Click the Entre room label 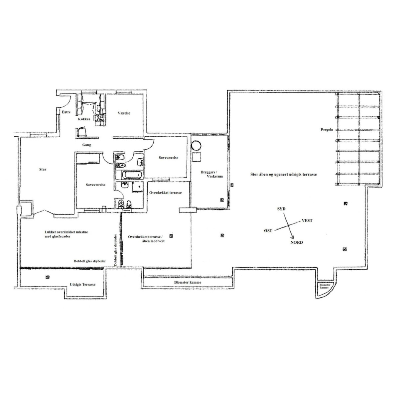click(x=66, y=112)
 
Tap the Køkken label click(x=84, y=119)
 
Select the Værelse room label click(x=124, y=113)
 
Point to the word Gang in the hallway click(x=86, y=145)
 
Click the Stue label click(x=42, y=170)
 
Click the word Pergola click(x=327, y=130)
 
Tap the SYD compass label click(x=281, y=208)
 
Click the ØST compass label click(x=268, y=230)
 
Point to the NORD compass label click(x=296, y=242)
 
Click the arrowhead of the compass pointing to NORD click(x=293, y=237)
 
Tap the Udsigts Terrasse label click(x=83, y=285)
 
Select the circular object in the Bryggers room click(x=196, y=146)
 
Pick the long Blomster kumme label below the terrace click(x=188, y=283)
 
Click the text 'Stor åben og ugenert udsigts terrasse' click(x=283, y=174)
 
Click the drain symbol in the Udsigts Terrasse click(x=47, y=277)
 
